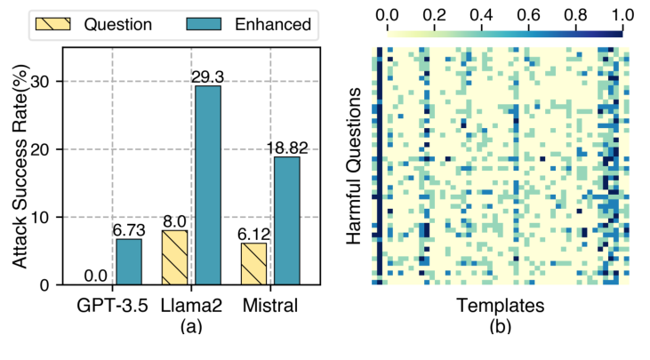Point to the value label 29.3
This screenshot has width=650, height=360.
click(x=206, y=78)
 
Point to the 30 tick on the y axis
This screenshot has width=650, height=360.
click(x=54, y=82)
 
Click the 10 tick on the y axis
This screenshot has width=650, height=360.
click(x=54, y=218)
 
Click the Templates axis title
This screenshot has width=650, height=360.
click(x=501, y=306)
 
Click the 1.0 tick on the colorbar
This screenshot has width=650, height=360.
click(x=622, y=15)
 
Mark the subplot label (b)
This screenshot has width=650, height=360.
click(x=501, y=326)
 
